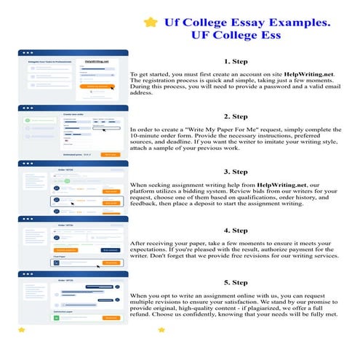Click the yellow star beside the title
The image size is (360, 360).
coord(151,23)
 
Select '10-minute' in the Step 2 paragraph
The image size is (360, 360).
coord(150,137)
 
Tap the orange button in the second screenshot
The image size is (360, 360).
coord(110,155)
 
